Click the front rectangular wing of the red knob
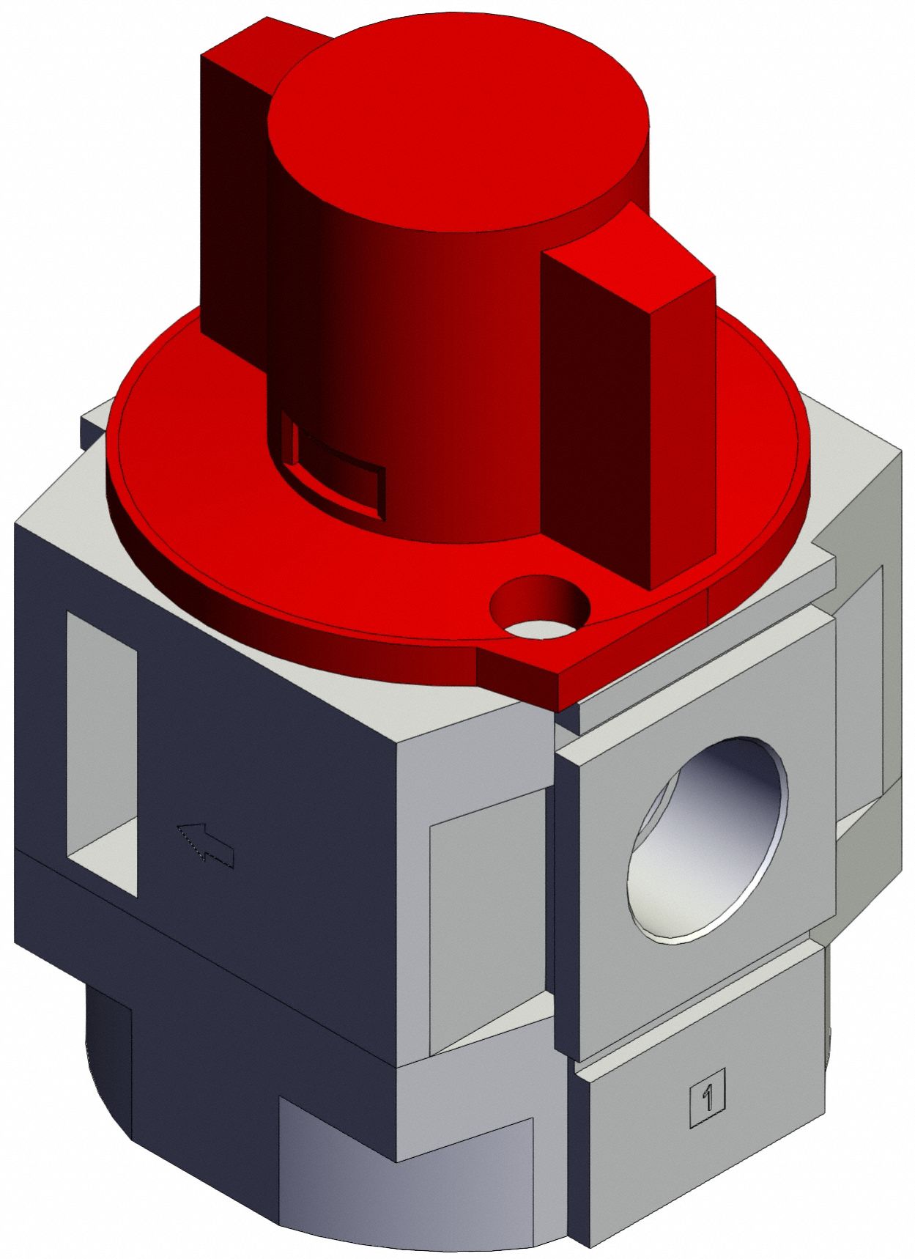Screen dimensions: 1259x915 tap(630, 410)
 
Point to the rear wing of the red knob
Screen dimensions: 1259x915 tap(234, 183)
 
